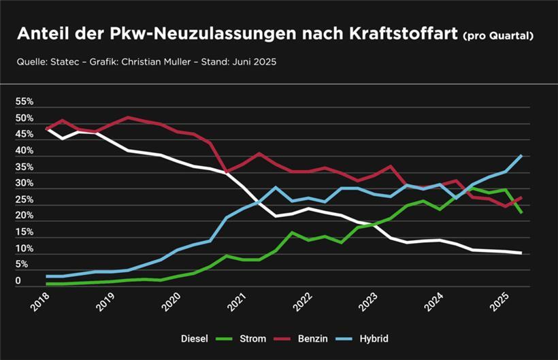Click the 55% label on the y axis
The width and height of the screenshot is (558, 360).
point(24,101)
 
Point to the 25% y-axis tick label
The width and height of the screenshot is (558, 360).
point(24,199)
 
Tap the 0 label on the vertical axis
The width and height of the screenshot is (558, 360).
point(19,280)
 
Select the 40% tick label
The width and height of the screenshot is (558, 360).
point(24,150)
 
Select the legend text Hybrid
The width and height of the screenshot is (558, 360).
point(374,338)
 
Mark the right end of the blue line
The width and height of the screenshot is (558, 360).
point(521,155)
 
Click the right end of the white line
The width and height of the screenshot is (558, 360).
point(521,253)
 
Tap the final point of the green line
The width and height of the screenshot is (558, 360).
point(521,213)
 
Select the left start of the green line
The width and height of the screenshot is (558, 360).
point(46,284)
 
